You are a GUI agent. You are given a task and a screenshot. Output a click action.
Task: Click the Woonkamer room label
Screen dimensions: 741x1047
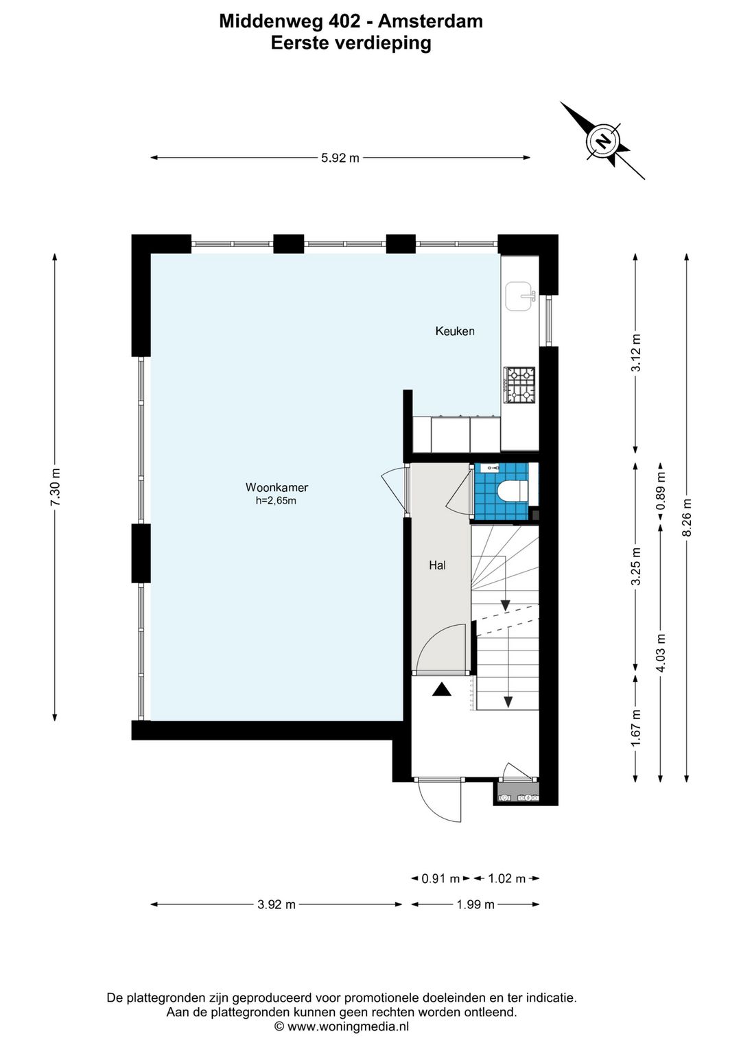(277, 488)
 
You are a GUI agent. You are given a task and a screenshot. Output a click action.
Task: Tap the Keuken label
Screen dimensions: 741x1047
(455, 331)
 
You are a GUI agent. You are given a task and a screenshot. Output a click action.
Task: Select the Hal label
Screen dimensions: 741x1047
(437, 565)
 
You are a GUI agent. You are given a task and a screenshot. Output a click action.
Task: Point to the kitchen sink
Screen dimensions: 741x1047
(520, 297)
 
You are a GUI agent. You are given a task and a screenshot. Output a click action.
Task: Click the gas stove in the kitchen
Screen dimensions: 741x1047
(519, 385)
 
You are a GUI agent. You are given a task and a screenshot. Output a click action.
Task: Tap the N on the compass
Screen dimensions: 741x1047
(604, 140)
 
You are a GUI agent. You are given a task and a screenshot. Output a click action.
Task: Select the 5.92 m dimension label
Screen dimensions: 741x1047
(340, 158)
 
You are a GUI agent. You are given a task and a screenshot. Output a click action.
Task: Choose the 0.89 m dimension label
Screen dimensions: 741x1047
(660, 491)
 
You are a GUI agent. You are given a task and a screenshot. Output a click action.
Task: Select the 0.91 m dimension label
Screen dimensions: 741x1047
(441, 879)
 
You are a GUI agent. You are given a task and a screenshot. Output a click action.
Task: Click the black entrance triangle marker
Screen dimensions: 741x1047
(441, 690)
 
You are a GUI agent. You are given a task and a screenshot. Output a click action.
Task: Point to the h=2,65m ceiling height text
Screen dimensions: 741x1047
(276, 502)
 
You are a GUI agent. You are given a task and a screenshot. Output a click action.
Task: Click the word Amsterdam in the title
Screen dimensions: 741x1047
(430, 21)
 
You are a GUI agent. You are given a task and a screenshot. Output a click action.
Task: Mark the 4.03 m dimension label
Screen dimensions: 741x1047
(660, 652)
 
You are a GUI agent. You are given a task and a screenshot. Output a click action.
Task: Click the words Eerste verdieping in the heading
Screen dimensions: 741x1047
(351, 43)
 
